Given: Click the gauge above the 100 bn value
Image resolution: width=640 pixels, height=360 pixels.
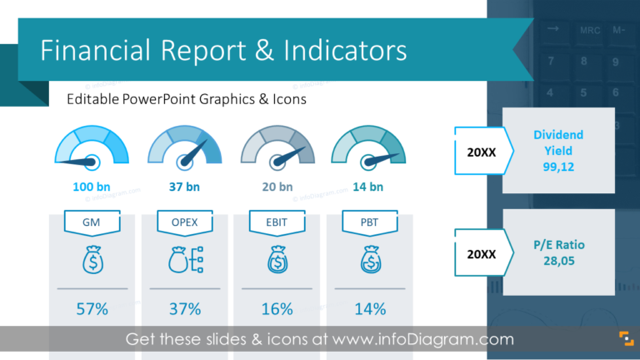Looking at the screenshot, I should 92,147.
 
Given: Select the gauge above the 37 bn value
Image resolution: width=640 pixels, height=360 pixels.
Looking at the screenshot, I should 185,147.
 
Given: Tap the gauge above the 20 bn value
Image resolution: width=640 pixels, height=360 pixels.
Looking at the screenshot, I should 277,147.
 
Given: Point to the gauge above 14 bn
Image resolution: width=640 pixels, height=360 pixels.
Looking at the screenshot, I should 368,147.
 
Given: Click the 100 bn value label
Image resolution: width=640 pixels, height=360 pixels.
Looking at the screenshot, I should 92,187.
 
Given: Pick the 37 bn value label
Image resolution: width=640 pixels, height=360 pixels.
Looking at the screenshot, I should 185,187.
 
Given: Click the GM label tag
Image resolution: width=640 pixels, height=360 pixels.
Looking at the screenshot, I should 92,222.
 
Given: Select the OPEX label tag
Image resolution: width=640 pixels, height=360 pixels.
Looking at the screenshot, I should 185,222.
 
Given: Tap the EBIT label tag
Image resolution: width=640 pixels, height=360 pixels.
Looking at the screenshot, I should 277,222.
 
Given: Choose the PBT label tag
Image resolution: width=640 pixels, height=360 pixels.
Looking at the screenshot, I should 369,222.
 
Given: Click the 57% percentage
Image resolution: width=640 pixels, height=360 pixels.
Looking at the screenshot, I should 92,309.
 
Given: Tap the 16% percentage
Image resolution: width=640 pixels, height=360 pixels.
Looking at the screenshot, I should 277,309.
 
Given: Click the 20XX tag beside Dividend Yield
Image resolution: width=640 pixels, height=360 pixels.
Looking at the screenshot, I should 482,151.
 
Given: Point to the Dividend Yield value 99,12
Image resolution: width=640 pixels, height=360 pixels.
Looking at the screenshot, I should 558,166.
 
